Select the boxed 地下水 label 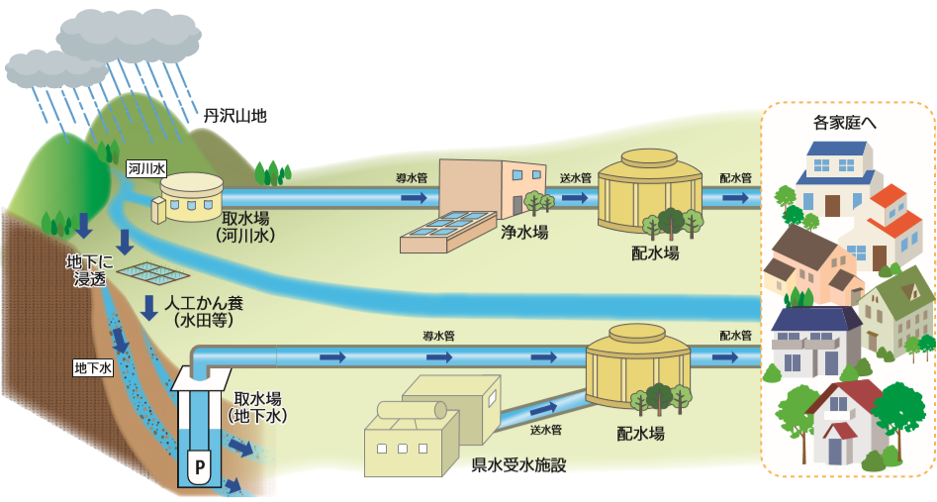coord(94,367)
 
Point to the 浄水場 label coord(524,233)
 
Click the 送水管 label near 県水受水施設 coord(545,430)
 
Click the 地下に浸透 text coord(89,269)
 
